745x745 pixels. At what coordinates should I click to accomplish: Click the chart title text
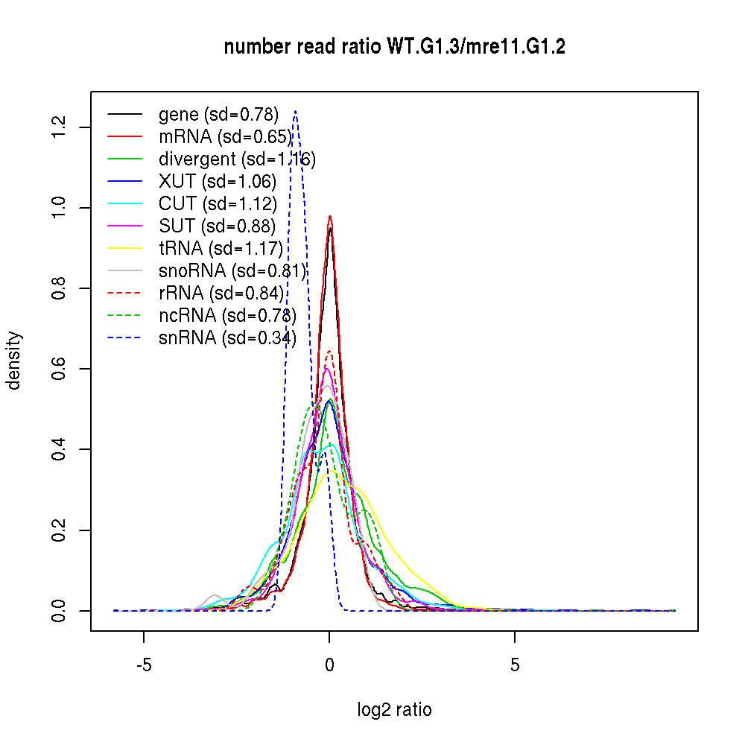click(x=394, y=47)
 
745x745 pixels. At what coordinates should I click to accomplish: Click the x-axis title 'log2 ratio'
click(x=394, y=710)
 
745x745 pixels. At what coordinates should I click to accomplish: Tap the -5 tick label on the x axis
click(x=144, y=665)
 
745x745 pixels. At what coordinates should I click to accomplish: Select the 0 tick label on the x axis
click(x=329, y=665)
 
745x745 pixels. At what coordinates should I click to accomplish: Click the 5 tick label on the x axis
click(x=515, y=665)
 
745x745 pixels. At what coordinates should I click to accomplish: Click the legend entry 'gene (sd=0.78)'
click(x=218, y=115)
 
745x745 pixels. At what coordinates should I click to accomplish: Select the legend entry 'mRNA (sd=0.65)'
click(x=225, y=137)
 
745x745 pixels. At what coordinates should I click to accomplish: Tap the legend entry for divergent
click(x=237, y=159)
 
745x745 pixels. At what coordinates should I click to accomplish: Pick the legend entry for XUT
click(x=217, y=182)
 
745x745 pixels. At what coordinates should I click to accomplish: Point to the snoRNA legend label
click(x=232, y=271)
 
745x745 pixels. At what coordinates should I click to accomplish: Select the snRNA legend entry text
click(x=227, y=338)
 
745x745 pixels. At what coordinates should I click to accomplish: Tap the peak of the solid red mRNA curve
click(x=329, y=217)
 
